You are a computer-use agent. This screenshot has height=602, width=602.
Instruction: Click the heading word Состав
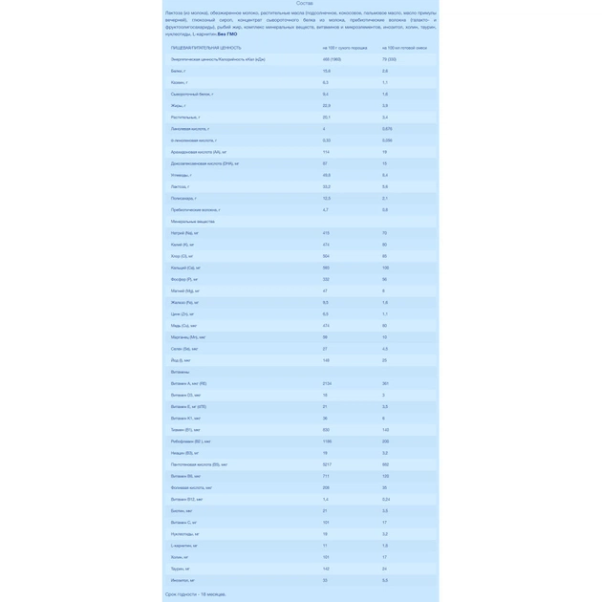(x=304, y=4)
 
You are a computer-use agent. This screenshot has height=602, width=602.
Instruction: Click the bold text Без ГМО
(x=226, y=33)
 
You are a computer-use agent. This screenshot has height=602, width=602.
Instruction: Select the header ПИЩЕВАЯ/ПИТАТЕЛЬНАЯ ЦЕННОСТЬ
(x=205, y=48)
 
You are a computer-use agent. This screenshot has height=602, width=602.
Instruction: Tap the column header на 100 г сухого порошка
(x=345, y=48)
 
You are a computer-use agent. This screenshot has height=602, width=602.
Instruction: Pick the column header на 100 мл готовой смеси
(x=405, y=48)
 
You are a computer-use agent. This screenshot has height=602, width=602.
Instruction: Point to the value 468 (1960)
(x=332, y=59)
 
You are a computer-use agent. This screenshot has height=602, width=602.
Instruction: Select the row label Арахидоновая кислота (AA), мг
(x=199, y=152)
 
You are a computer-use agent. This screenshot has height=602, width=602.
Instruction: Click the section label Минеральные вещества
(x=193, y=222)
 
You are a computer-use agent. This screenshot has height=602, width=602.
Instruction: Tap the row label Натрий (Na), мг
(x=184, y=233)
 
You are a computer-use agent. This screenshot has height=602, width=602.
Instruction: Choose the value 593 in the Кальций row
(x=326, y=268)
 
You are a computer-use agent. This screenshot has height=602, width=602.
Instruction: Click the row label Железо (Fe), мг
(x=184, y=303)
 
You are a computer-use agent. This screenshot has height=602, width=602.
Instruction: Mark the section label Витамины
(x=181, y=372)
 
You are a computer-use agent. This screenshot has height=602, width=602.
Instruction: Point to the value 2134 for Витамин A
(x=328, y=383)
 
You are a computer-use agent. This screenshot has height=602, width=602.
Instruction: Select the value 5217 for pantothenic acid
(x=328, y=464)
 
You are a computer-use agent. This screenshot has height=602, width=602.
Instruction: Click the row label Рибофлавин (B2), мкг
(x=191, y=441)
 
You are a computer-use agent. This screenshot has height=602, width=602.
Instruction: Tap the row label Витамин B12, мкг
(x=187, y=499)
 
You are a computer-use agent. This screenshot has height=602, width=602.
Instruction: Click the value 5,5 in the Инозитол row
(x=385, y=580)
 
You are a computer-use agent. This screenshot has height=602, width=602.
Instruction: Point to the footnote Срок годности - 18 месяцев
(x=196, y=594)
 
